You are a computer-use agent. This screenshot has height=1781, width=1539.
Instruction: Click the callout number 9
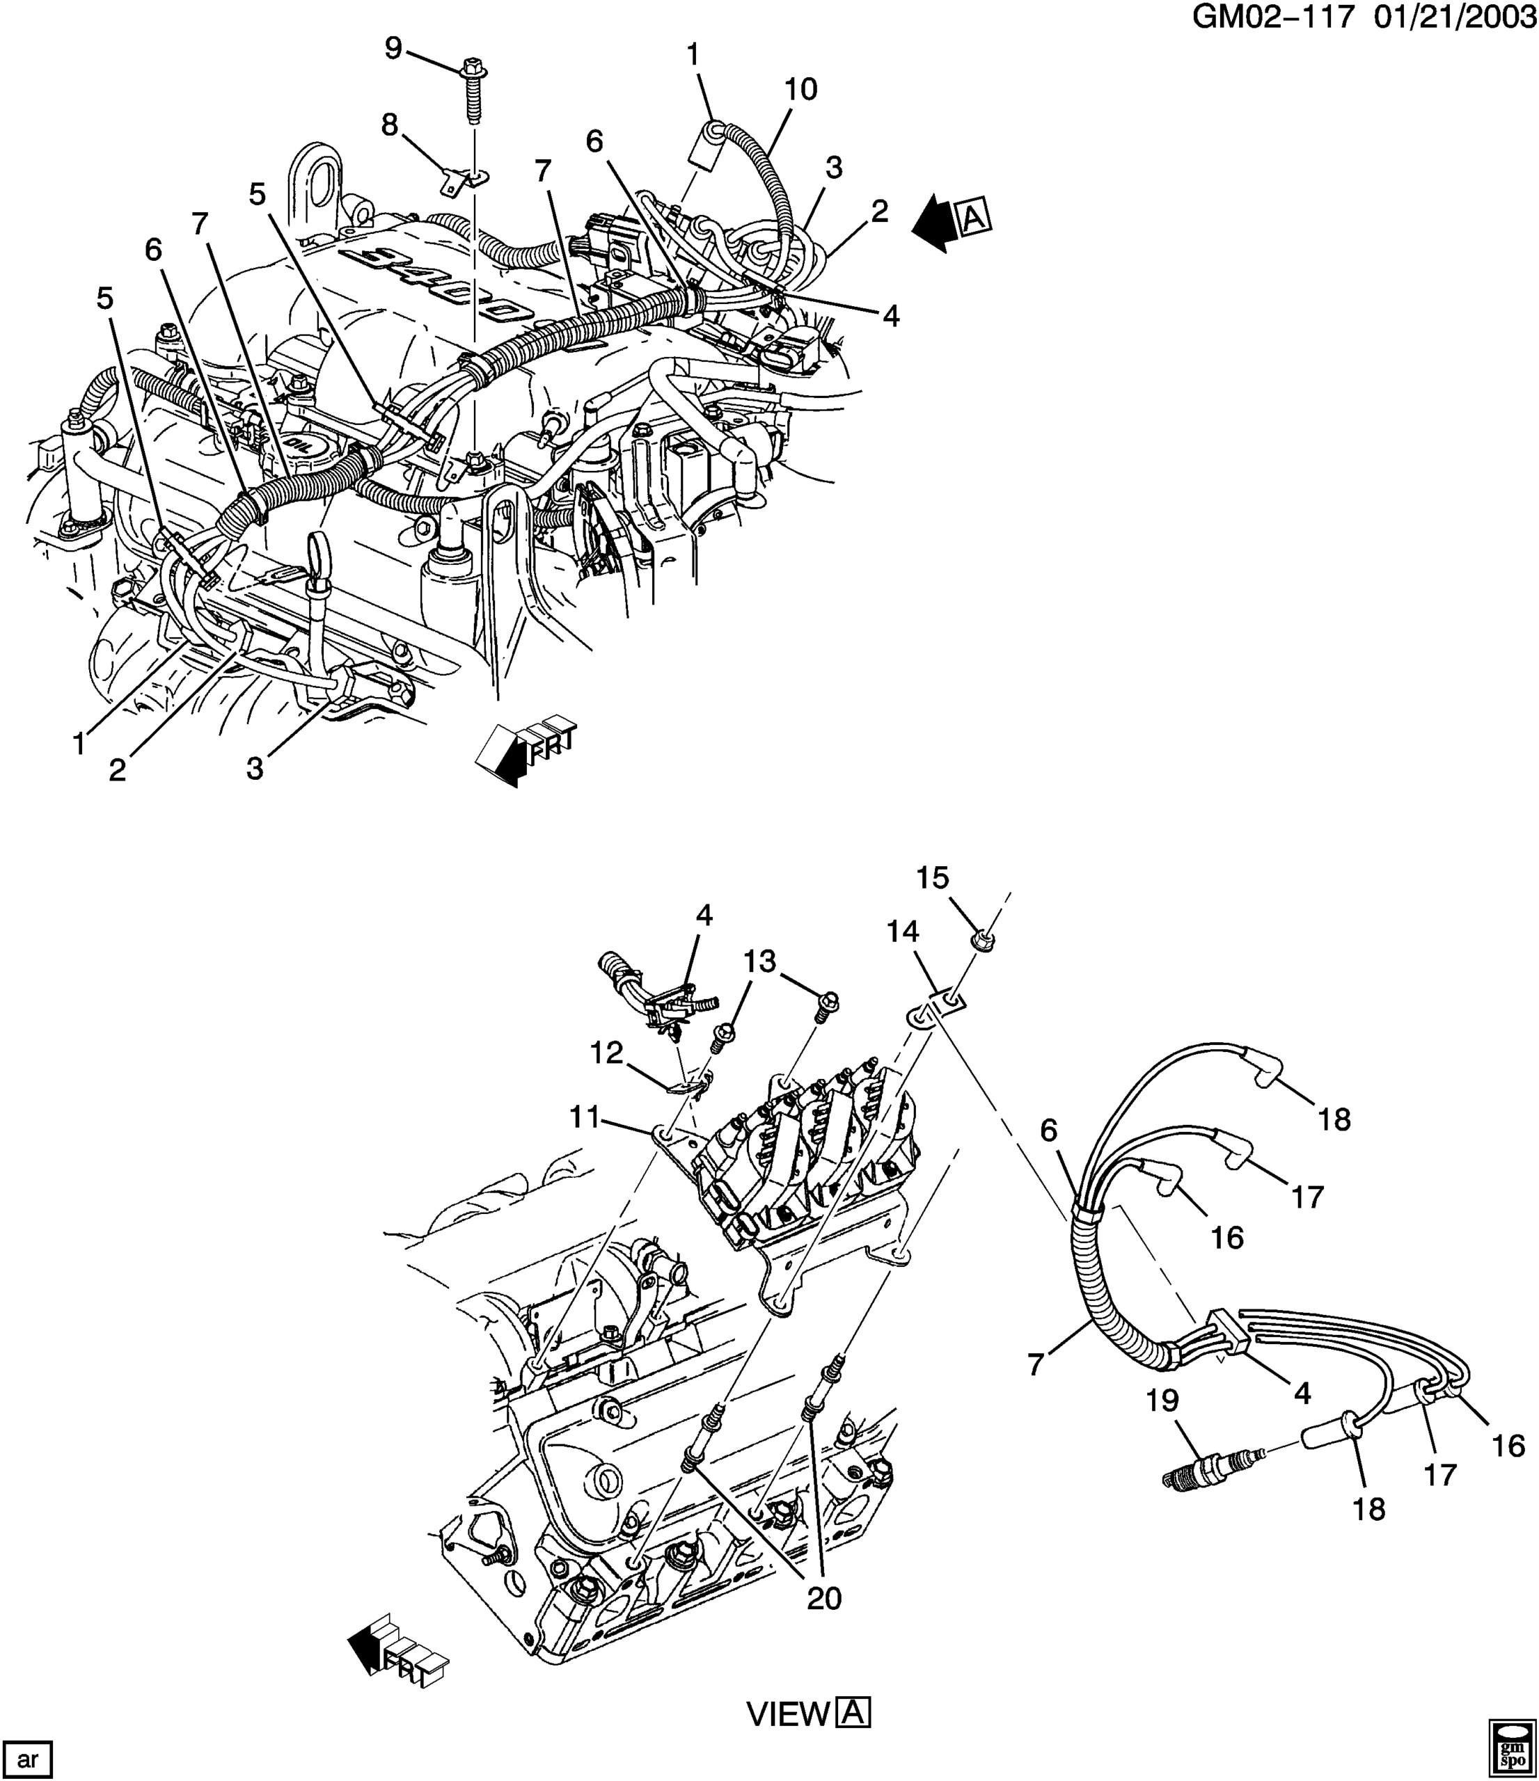393,49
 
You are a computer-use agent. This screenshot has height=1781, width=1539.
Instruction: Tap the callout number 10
800,88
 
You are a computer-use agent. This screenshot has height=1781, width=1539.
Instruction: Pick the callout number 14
903,931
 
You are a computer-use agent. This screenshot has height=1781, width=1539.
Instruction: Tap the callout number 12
606,1053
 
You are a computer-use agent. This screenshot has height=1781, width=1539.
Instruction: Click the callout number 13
760,960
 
